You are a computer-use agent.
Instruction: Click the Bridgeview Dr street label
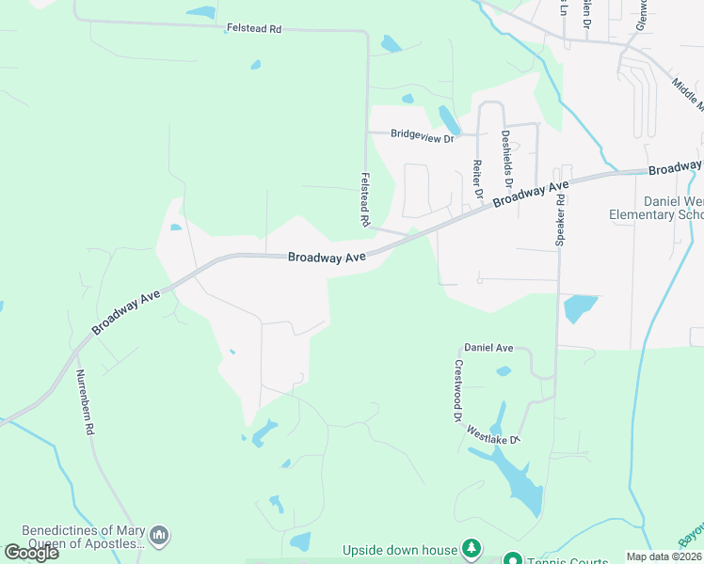[x=422, y=135]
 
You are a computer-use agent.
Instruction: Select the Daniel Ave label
[x=488, y=348]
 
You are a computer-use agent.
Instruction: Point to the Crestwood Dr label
[x=459, y=391]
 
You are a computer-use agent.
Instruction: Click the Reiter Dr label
[x=477, y=178]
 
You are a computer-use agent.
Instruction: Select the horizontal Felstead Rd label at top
[x=254, y=29]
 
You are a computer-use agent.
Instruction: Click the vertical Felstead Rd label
[x=365, y=197]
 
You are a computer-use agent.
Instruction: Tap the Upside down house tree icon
[x=472, y=549]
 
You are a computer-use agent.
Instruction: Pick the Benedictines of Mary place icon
[x=159, y=536]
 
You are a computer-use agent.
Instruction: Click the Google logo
[x=31, y=553]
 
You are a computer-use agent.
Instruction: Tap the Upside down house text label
[x=399, y=550]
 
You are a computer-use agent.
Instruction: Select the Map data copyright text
[x=664, y=556]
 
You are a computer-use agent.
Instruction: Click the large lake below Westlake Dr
[x=516, y=479]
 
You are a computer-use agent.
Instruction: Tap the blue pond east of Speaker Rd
[x=579, y=307]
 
